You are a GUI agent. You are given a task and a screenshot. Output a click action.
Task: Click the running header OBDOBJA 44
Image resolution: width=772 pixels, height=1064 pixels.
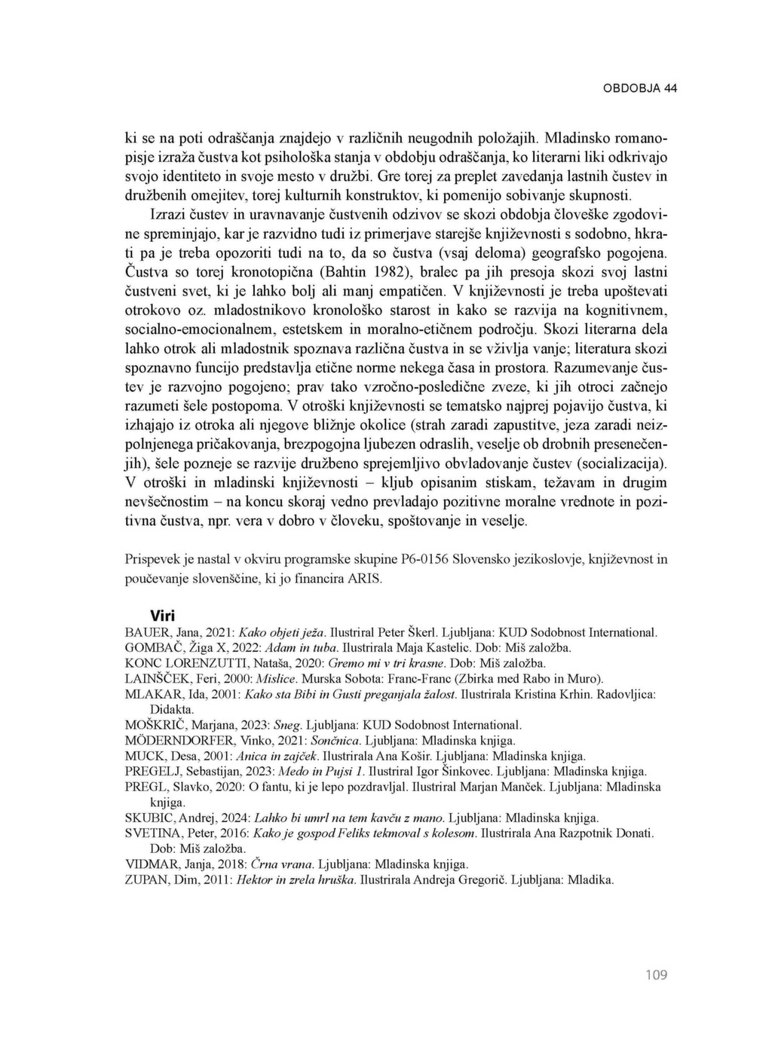coord(639,88)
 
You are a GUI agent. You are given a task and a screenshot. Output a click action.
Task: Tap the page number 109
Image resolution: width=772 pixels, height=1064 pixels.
coord(657,975)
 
